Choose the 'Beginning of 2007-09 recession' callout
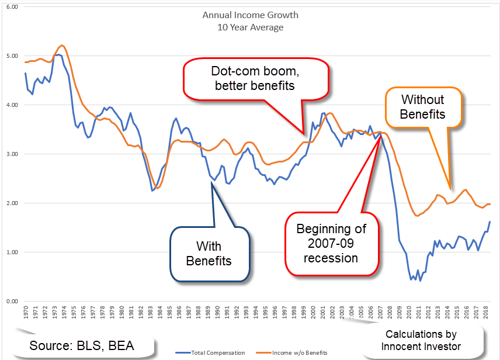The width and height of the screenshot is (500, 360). click(x=331, y=242)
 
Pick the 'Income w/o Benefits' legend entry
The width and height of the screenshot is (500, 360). click(x=299, y=353)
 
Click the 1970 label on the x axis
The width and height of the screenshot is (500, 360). click(x=26, y=314)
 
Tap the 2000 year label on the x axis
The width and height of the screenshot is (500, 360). click(x=313, y=314)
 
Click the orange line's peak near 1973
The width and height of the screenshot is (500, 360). click(x=62, y=45)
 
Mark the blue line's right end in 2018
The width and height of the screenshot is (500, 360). click(x=489, y=221)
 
